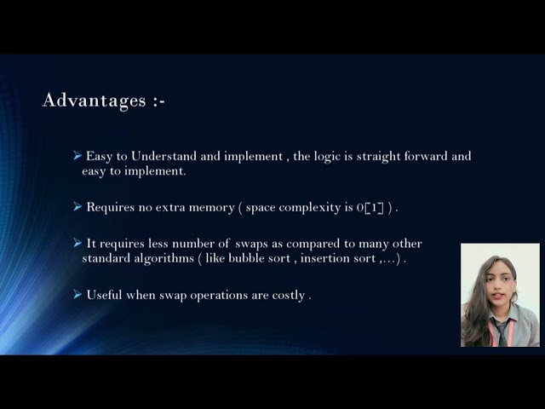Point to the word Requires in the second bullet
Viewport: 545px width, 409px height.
coord(112,207)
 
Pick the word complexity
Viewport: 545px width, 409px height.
coord(309,207)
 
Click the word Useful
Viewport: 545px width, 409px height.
coord(105,295)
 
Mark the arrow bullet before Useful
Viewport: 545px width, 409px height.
coord(77,294)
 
